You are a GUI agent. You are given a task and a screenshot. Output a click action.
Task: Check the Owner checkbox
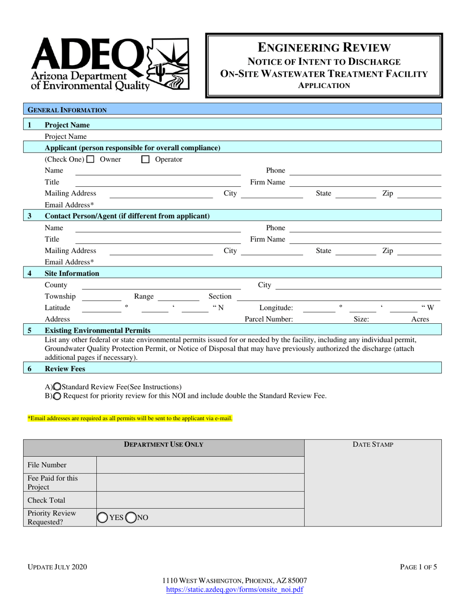90,160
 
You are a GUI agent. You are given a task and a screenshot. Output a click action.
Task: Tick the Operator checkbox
146,160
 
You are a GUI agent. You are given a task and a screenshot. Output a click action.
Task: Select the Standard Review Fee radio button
57,387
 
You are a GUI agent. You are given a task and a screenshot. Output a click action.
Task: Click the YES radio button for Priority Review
102,518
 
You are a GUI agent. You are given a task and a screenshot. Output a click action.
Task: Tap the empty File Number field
200,465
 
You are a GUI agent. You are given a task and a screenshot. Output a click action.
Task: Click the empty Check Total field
200,500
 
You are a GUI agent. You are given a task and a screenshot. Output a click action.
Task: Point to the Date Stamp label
373,445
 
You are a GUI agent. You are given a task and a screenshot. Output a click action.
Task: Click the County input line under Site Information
160,286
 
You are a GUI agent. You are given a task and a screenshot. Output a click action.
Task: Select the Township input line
101,297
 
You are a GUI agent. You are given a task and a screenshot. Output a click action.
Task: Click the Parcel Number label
269,319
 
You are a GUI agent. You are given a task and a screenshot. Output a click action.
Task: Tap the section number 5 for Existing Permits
30,330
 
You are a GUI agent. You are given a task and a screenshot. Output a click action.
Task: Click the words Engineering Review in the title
324,47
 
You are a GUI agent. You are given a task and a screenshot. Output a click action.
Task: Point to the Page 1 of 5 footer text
418,567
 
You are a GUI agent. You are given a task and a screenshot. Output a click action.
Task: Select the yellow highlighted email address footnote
130,418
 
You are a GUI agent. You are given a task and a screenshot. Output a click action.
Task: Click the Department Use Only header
163,445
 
